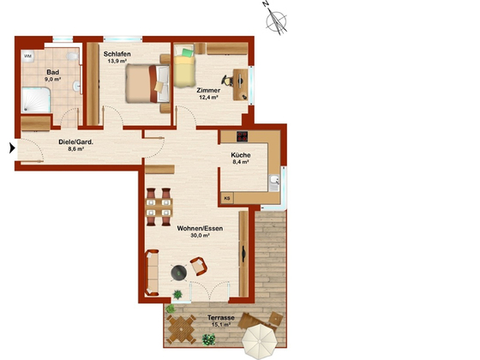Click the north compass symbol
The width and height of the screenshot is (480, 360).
click(275, 19)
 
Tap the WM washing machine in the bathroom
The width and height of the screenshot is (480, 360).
click(27, 56)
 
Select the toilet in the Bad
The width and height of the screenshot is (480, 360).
click(73, 56)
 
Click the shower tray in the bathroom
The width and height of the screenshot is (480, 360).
click(36, 99)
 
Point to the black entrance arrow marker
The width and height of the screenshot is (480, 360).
click(12, 147)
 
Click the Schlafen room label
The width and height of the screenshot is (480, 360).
click(117, 54)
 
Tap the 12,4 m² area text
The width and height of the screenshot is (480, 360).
click(208, 98)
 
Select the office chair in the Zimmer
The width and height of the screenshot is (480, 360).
click(227, 81)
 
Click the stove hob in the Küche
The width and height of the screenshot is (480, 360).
click(242, 136)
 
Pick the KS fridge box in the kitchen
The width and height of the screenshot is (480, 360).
click(227, 198)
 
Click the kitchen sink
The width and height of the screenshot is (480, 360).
click(274, 183)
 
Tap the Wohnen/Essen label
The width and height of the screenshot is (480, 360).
click(200, 228)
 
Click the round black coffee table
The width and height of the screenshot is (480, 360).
click(179, 273)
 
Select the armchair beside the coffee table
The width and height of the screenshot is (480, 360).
click(198, 266)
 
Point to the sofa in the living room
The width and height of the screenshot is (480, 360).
click(152, 273)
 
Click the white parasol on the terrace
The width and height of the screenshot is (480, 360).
click(260, 341)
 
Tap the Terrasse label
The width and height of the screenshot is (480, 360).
click(221, 317)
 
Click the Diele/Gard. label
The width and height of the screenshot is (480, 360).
click(76, 142)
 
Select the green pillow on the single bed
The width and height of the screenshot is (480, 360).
click(188, 52)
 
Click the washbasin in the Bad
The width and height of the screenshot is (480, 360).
click(76, 86)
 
